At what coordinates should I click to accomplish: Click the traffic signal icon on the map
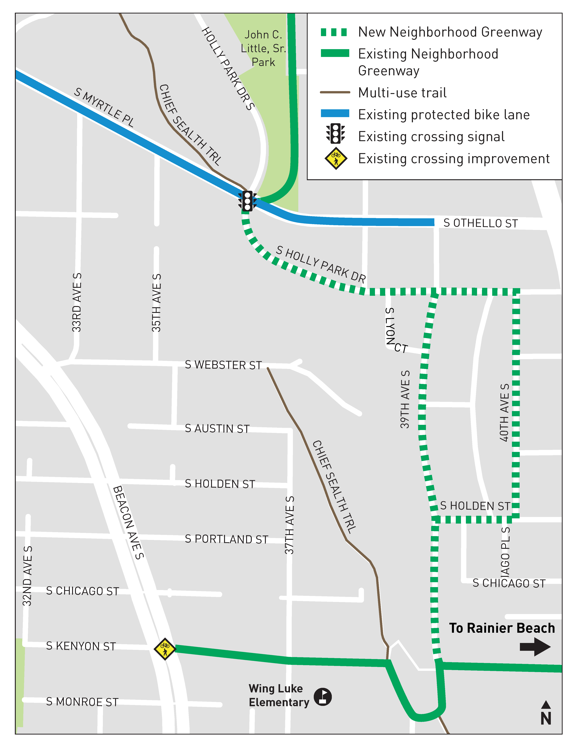point(247,201)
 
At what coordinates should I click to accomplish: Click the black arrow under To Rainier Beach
point(535,647)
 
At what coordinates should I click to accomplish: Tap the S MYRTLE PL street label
point(104,107)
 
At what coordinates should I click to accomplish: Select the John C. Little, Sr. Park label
point(263,49)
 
